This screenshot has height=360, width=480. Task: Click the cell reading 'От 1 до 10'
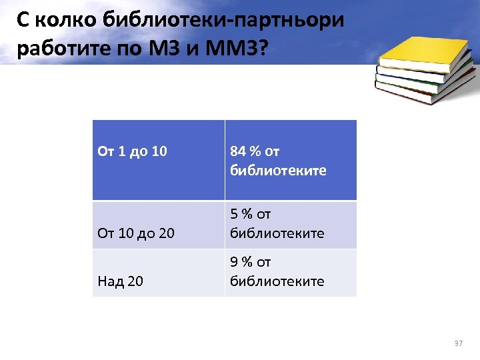click(x=132, y=151)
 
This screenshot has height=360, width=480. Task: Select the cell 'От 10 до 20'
click(x=137, y=233)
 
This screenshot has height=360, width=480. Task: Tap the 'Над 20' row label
click(x=120, y=281)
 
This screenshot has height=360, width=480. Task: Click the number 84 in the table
click(x=238, y=151)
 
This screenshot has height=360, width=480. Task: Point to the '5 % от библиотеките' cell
click(x=277, y=224)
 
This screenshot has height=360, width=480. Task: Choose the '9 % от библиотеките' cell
click(x=277, y=272)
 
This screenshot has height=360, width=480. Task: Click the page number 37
click(x=457, y=343)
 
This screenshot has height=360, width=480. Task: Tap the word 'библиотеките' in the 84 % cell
click(x=278, y=170)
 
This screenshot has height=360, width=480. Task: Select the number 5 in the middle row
click(x=234, y=215)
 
